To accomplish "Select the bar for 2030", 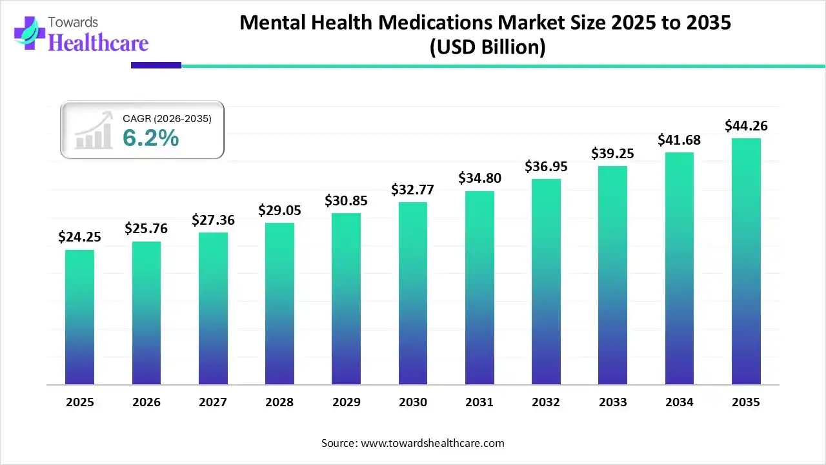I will tap(412, 293).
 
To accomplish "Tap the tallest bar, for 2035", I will tap(746, 261).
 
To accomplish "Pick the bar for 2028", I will tap(279, 304).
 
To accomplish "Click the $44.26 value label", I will tap(746, 125).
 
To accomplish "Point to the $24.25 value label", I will tap(79, 237).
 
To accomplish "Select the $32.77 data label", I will tap(412, 190).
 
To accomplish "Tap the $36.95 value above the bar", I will tap(546, 167).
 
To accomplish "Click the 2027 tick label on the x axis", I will tap(213, 402).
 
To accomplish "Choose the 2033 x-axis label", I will tap(612, 402).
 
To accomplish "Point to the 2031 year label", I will tap(479, 402).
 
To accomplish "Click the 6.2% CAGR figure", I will tap(150, 137).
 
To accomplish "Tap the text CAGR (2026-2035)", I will tap(167, 118).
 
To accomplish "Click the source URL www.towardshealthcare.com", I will tap(431, 443).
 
